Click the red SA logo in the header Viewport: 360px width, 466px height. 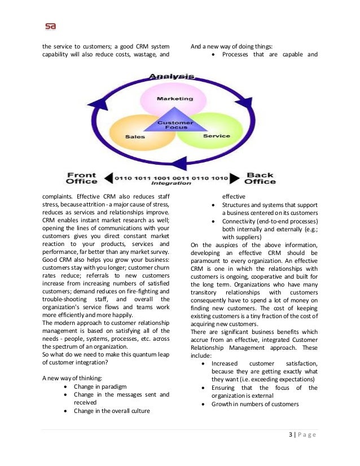click(x=50, y=26)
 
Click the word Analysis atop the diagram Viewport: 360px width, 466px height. click(x=172, y=76)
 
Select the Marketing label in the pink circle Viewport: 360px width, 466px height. click(x=174, y=98)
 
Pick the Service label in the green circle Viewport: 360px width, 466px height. click(x=216, y=136)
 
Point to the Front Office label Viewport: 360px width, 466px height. click(x=82, y=178)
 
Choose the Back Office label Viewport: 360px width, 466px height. click(x=261, y=178)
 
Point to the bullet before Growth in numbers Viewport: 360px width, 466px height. click(x=204, y=405)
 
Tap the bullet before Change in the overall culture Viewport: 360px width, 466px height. click(x=67, y=411)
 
